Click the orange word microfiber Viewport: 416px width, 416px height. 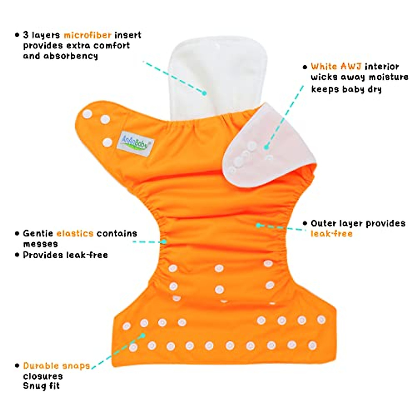[87, 35]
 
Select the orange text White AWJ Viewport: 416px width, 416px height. [336, 66]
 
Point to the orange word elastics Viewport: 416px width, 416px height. [75, 233]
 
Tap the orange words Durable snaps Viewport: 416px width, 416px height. [57, 366]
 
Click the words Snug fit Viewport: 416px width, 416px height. [41, 386]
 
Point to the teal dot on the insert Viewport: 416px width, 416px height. [205, 93]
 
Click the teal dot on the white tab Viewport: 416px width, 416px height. [266, 147]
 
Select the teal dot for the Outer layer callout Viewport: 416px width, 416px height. [258, 225]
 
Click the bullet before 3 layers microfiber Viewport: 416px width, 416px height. [17, 35]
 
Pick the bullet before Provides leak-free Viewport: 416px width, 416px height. [17, 255]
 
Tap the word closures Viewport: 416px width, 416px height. [43, 376]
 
